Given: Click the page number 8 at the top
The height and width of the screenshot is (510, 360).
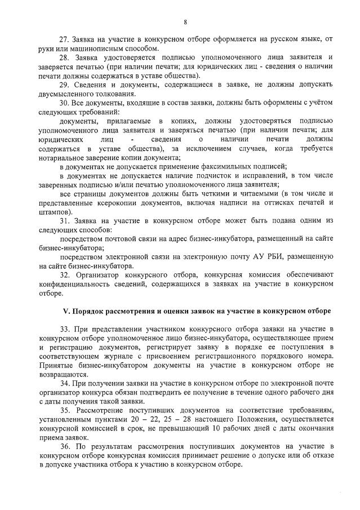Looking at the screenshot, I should pos(185,22).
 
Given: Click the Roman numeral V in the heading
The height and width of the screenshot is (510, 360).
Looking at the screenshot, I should pos(64,311).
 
